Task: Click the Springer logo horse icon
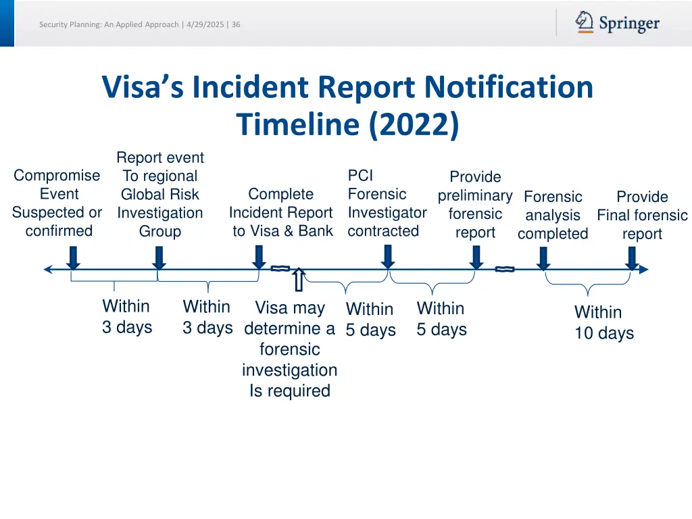tap(585, 22)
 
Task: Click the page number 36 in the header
tap(236, 25)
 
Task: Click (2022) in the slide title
tap(414, 124)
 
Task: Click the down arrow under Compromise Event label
tap(74, 257)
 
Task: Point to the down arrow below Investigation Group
tap(159, 257)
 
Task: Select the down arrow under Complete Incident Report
tap(259, 257)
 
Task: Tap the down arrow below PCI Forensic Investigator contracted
tap(387, 257)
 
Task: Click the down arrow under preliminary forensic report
tap(476, 257)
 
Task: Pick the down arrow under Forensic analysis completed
tap(543, 257)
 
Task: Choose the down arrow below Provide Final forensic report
tap(632, 257)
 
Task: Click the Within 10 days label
tap(603, 322)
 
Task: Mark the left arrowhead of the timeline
tap(48, 270)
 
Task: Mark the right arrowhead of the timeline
tap(643, 270)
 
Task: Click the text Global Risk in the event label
tap(159, 195)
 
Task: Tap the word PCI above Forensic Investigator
tap(360, 176)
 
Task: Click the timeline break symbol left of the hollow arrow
tap(280, 269)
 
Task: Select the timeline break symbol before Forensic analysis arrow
tap(504, 269)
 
